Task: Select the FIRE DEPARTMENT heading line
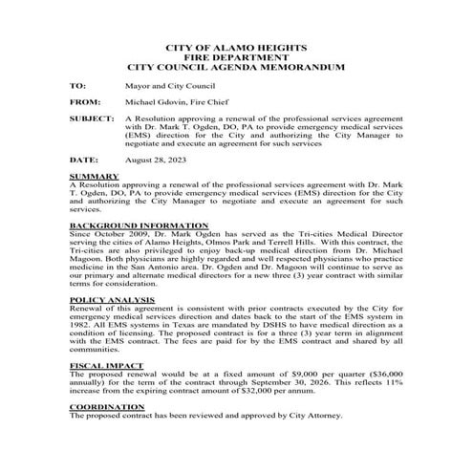(x=236, y=57)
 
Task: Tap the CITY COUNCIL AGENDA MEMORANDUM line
(x=236, y=68)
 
